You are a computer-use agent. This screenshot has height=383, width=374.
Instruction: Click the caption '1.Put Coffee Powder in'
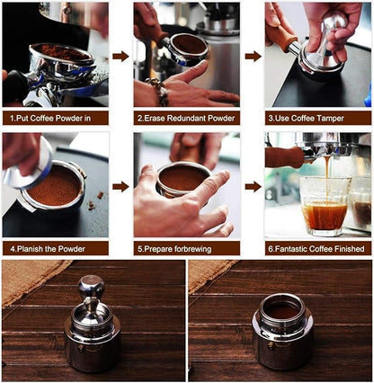[56, 118]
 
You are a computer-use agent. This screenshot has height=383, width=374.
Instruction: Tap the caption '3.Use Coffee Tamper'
[317, 118]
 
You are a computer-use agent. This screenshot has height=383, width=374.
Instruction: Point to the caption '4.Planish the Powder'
[56, 247]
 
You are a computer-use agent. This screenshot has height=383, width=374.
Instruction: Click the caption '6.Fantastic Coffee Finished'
[317, 247]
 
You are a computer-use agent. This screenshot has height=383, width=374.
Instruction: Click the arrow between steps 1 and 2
[120, 56]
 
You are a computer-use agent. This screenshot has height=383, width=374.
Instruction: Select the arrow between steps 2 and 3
[253, 56]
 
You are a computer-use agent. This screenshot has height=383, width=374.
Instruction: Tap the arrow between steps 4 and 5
[120, 186]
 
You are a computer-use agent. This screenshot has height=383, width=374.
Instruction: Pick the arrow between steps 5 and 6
[253, 186]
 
